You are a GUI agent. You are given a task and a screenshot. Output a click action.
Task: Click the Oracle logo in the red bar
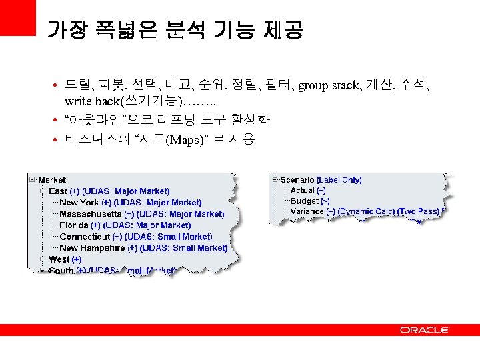click(425, 330)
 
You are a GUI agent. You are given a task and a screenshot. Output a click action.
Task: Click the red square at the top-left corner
click(17, 17)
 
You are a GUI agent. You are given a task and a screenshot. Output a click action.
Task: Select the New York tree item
click(79, 203)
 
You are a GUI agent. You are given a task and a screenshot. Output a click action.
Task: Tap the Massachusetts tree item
click(91, 214)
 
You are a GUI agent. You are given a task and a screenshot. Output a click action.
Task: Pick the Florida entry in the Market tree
click(75, 225)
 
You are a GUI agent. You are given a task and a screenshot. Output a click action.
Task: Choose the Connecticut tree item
click(85, 237)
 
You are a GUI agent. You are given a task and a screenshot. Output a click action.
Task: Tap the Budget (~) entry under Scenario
click(309, 201)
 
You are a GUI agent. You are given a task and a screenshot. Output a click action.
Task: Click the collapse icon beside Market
click(32, 179)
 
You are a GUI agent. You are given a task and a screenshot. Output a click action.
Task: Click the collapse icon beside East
click(43, 191)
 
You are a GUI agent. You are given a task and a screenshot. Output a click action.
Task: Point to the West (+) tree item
click(65, 259)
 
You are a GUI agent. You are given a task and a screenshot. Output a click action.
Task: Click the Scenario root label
click(297, 180)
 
